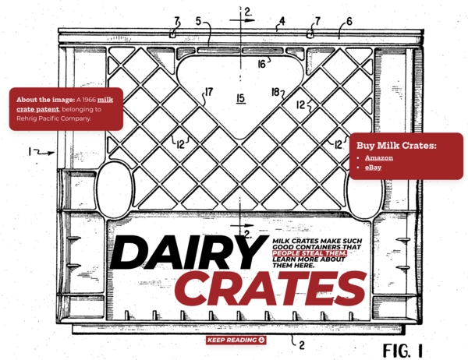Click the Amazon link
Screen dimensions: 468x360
[x=379, y=157]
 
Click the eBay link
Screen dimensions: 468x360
[x=373, y=168]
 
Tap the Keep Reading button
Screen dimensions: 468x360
[x=236, y=340]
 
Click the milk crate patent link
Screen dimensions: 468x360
[x=65, y=104]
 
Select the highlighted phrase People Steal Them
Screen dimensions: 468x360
[x=310, y=253]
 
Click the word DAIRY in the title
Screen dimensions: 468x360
[x=189, y=252]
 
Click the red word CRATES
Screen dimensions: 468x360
[x=271, y=288]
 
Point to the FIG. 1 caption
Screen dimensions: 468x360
[x=403, y=351]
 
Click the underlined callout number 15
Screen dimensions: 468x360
[x=241, y=98]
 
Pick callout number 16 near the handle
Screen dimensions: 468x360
[x=262, y=64]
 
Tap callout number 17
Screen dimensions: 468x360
[x=209, y=92]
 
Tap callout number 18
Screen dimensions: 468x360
[x=275, y=92]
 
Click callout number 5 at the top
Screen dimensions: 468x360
[x=198, y=21]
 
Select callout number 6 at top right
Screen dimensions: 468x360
[x=349, y=22]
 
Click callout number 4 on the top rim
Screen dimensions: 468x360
[x=282, y=21]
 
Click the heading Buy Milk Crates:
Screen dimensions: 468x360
[x=396, y=146]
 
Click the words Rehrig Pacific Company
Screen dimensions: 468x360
[x=54, y=118]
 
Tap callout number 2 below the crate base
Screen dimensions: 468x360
[x=302, y=345]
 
